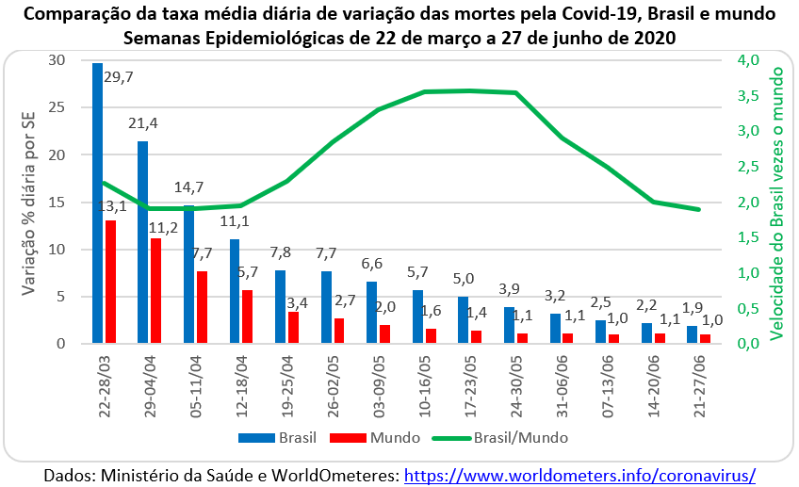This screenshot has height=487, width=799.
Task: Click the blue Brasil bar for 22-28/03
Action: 98,203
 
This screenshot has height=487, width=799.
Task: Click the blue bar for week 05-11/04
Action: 188,274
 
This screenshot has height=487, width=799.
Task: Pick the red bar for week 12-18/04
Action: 247,317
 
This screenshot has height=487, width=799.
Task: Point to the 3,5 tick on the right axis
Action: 746,96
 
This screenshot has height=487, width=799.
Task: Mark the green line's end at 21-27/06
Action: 698,209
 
